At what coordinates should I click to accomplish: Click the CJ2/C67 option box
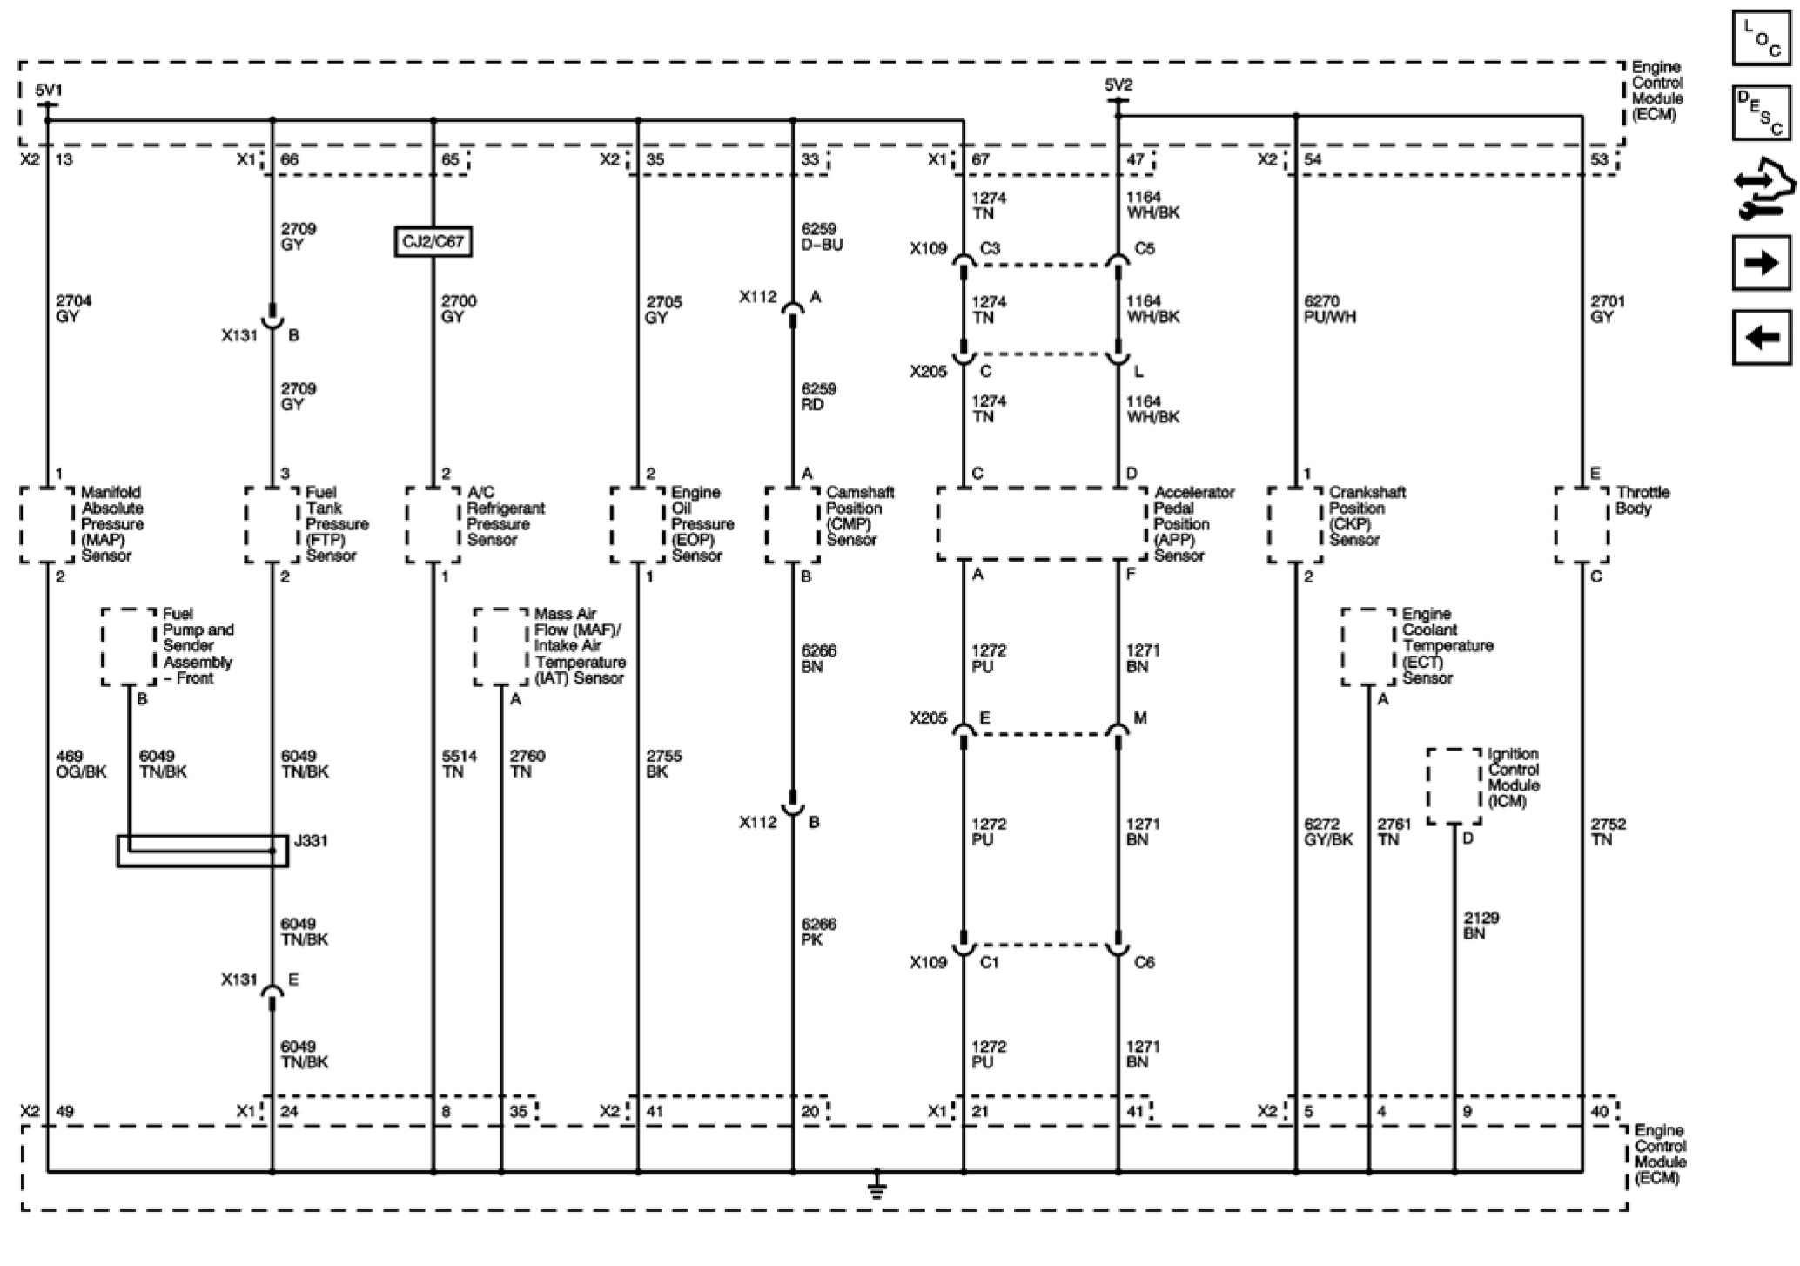pyautogui.click(x=433, y=241)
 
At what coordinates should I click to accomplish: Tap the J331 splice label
pyautogui.click(x=311, y=841)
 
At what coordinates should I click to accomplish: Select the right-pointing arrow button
pyautogui.click(x=1762, y=262)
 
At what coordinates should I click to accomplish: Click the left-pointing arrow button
pyautogui.click(x=1762, y=336)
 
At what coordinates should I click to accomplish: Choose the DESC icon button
pyautogui.click(x=1762, y=112)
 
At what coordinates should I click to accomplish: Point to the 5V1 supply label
pyautogui.click(x=49, y=90)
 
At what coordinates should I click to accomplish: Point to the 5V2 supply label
pyautogui.click(x=1118, y=85)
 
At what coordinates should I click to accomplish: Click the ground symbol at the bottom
pyautogui.click(x=876, y=1185)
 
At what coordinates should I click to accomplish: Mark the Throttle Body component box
pyautogui.click(x=1582, y=524)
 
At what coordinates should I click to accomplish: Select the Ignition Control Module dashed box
pyautogui.click(x=1454, y=785)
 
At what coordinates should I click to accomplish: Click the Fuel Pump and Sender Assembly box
pyautogui.click(x=129, y=646)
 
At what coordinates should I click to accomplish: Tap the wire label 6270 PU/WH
pyautogui.click(x=1329, y=309)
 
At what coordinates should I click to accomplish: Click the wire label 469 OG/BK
pyautogui.click(x=80, y=764)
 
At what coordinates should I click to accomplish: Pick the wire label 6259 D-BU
pyautogui.click(x=822, y=237)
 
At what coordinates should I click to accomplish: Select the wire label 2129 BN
pyautogui.click(x=1481, y=926)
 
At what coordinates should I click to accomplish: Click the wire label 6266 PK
pyautogui.click(x=818, y=932)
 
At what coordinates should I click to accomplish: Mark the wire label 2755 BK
pyautogui.click(x=663, y=764)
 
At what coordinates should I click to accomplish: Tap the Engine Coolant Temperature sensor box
pyautogui.click(x=1368, y=646)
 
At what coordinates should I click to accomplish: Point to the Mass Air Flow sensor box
pyautogui.click(x=500, y=646)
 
